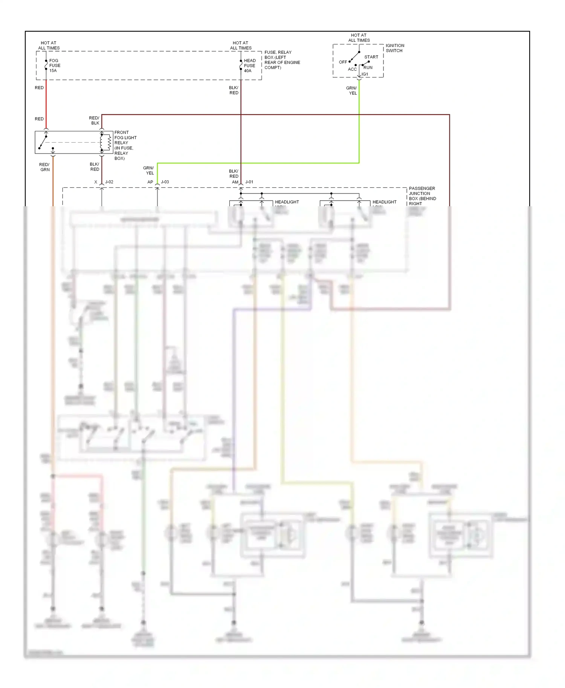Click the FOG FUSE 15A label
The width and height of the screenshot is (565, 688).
(x=55, y=65)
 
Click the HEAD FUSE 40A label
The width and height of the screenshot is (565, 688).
(x=249, y=65)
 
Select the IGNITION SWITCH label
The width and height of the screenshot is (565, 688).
(x=394, y=48)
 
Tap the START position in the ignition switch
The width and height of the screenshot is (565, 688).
(x=371, y=57)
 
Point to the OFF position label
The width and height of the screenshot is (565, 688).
(x=343, y=62)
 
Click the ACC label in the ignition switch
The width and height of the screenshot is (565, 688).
(x=352, y=69)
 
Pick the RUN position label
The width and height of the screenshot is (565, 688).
(x=368, y=68)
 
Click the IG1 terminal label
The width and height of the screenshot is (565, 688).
(x=365, y=74)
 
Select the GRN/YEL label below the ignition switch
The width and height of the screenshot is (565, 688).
(x=352, y=91)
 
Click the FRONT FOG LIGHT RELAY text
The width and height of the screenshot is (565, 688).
(x=125, y=145)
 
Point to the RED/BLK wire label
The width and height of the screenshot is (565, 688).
(x=94, y=120)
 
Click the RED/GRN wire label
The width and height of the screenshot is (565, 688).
(x=44, y=167)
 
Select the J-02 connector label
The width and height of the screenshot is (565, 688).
(x=109, y=182)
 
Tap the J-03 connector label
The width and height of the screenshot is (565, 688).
(x=165, y=182)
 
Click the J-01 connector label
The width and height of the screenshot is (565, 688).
(x=249, y=182)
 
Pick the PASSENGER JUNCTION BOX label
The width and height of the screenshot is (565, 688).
(x=422, y=196)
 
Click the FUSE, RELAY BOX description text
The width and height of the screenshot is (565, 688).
(x=282, y=60)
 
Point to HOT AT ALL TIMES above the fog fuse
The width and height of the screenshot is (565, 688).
(x=49, y=46)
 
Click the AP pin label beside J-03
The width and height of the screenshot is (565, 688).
(x=150, y=182)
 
